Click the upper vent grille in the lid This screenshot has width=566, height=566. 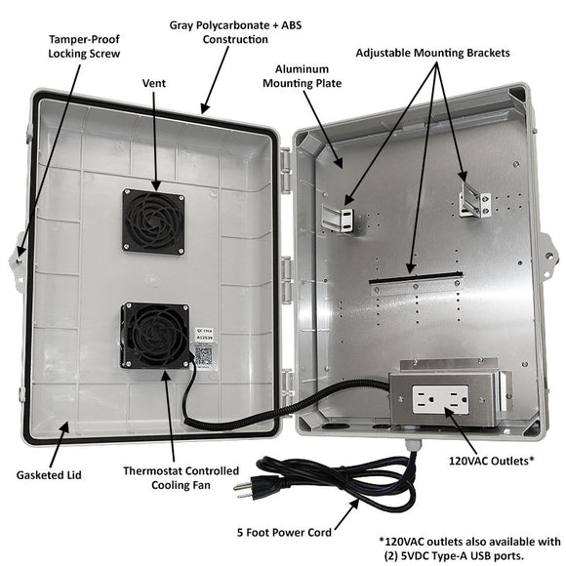153,222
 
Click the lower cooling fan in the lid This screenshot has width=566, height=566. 154,335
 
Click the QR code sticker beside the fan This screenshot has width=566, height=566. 203,357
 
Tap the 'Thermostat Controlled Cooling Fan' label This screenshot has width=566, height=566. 181,478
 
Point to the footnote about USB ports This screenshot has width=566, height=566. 468,548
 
